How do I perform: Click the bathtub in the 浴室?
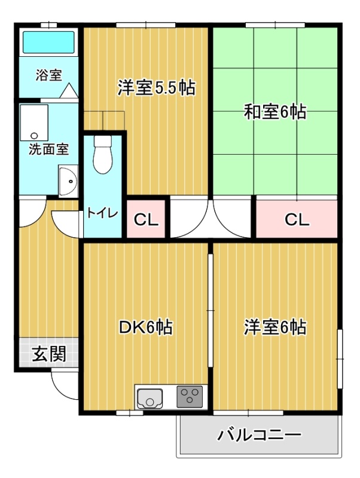[x=48, y=42]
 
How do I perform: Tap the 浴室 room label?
[x=49, y=75]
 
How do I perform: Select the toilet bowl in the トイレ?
[x=102, y=155]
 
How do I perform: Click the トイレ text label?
[x=102, y=213]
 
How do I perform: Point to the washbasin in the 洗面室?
[x=68, y=182]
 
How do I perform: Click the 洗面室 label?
[x=49, y=149]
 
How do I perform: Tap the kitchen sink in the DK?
[x=150, y=398]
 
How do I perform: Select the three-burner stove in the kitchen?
[x=190, y=397]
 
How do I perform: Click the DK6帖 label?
[x=145, y=327]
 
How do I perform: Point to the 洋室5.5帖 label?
[x=157, y=88]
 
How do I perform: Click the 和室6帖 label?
[x=275, y=112]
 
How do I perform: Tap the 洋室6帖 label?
[x=275, y=327]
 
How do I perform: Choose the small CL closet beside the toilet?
[x=146, y=219]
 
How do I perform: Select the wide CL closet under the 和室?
[x=297, y=219]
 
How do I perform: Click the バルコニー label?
[x=259, y=435]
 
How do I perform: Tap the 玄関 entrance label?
[x=49, y=354]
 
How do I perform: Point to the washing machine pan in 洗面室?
[x=34, y=122]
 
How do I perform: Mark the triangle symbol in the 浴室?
[x=69, y=91]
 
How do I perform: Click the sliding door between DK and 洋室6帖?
[x=210, y=310]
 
